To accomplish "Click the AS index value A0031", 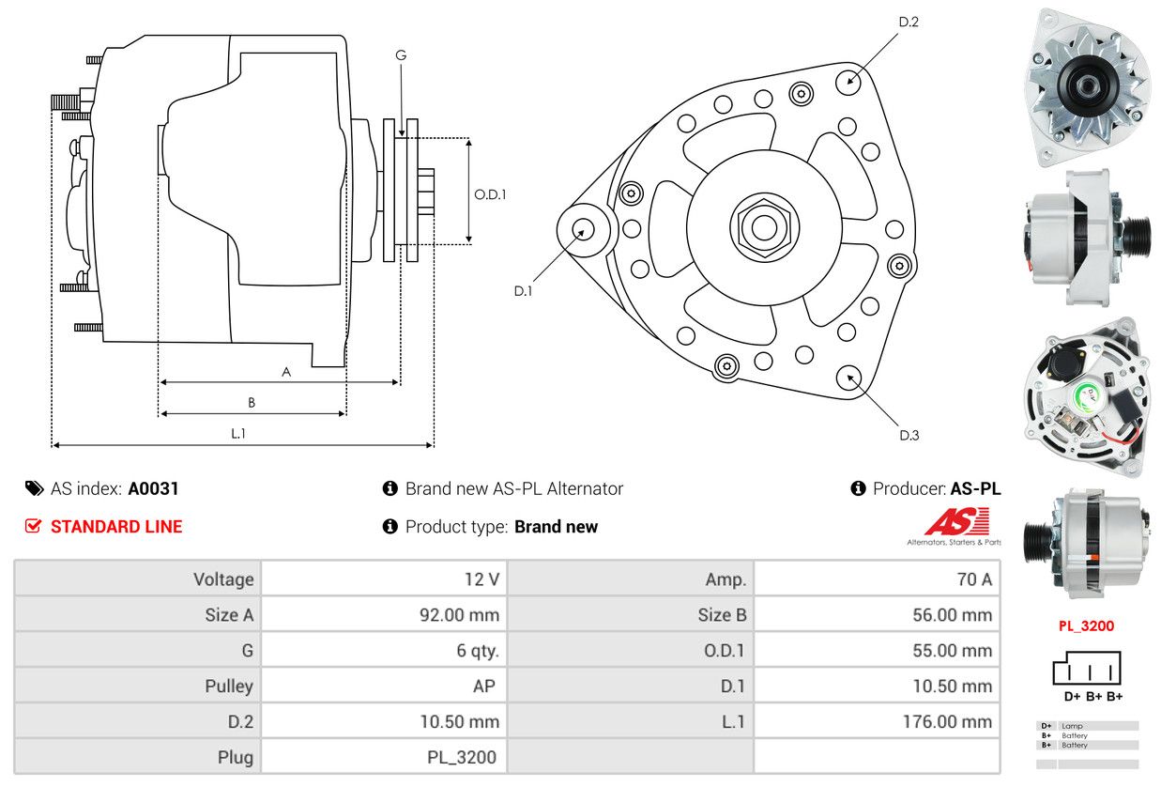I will click(x=153, y=488).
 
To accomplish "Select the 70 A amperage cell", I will click(x=973, y=579).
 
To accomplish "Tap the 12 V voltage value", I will click(x=481, y=579).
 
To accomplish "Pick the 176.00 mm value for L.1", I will click(x=953, y=722).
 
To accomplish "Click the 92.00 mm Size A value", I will click(x=459, y=616).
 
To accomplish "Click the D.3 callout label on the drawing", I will click(x=909, y=435).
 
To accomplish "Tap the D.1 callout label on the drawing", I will click(x=523, y=291).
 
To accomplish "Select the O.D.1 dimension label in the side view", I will click(x=490, y=195).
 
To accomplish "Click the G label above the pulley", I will click(x=401, y=55).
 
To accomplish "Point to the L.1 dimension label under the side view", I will click(x=238, y=433).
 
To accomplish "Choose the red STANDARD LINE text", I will click(x=116, y=527).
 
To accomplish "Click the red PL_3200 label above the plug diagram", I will click(x=1086, y=625).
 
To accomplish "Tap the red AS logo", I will click(x=956, y=521).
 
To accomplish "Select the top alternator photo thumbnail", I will click(x=1087, y=86).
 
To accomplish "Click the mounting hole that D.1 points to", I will click(x=583, y=229).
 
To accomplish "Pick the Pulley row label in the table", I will click(x=229, y=687).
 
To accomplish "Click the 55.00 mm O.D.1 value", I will click(x=953, y=651).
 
